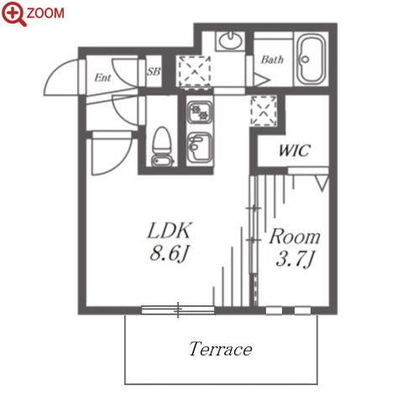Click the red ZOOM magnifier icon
13,13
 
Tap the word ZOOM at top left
45,13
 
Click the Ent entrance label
102,77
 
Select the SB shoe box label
154,71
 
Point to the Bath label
272,60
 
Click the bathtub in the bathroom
311,60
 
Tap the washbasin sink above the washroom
230,41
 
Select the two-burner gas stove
199,112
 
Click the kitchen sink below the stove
199,147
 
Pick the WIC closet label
295,151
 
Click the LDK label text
170,230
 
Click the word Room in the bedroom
295,237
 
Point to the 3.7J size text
295,259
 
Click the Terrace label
221,349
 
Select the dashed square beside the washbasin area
194,71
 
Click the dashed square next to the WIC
264,111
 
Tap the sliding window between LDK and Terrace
178,309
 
